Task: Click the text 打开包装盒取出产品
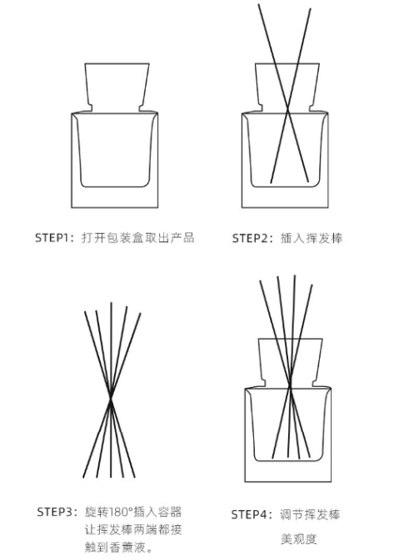pos(138,237)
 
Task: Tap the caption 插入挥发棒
pos(312,238)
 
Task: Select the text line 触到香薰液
pos(118,548)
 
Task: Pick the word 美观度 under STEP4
pos(298,539)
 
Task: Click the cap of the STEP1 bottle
pos(117,87)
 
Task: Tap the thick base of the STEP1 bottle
pos(115,197)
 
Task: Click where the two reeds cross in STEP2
pos(288,112)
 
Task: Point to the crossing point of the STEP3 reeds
pos(111,399)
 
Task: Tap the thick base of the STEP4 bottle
pos(288,472)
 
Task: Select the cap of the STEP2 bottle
pos(287,87)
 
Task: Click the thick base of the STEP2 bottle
pos(285,197)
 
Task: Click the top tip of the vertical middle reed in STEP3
pos(111,303)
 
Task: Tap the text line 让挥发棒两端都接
pos(133,529)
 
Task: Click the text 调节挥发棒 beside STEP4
pos(310,514)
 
